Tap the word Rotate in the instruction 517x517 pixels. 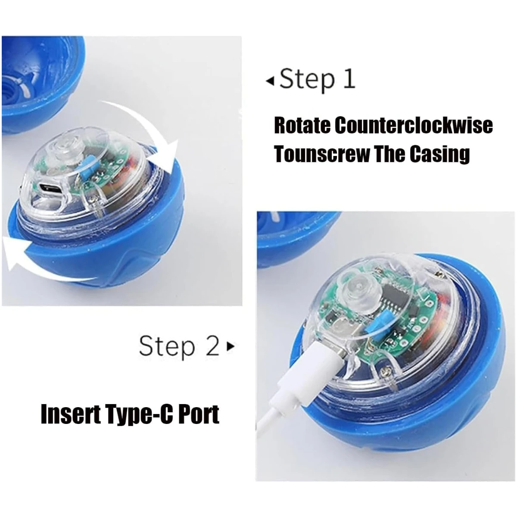pyautogui.click(x=302, y=125)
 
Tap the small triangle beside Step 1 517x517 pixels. pyautogui.click(x=270, y=81)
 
